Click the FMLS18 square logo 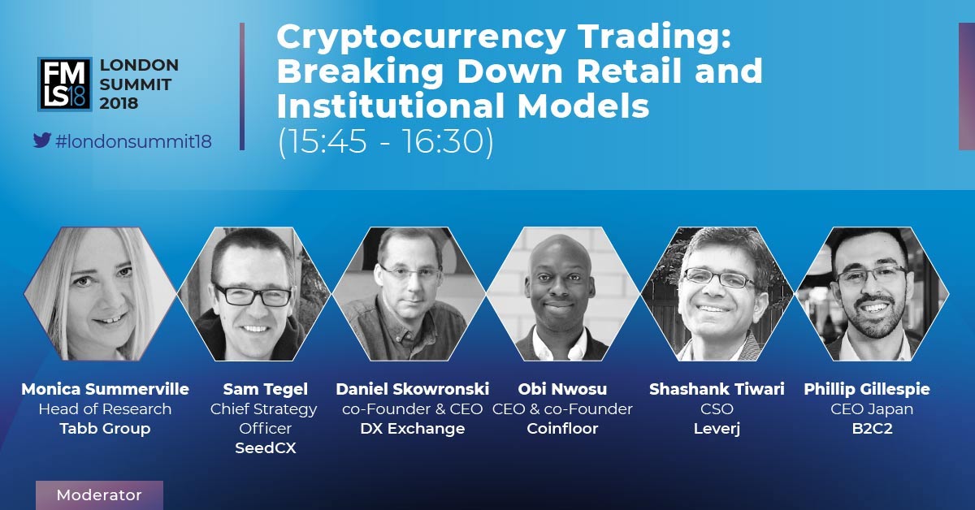click(64, 84)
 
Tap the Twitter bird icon click(42, 140)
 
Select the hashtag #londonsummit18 click(133, 141)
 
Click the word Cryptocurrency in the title click(421, 38)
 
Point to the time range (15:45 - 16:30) click(386, 141)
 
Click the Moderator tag click(99, 495)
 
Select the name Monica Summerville click(105, 389)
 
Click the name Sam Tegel click(266, 390)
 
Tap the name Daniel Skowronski click(413, 389)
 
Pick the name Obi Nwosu click(562, 389)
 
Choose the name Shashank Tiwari click(717, 389)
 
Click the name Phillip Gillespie click(867, 390)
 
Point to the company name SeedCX click(266, 447)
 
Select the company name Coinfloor click(562, 429)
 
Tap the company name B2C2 click(873, 429)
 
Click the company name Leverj click(717, 429)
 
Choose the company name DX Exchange click(413, 429)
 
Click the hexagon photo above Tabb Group click(101, 294)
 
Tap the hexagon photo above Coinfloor click(562, 294)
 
